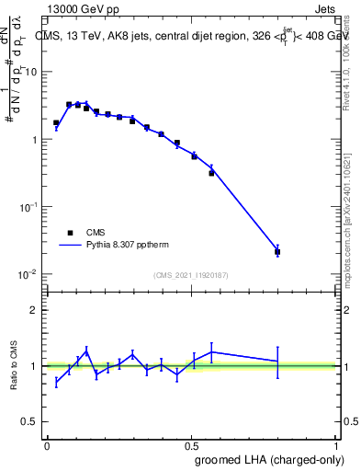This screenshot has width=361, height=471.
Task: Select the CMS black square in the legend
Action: click(x=70, y=233)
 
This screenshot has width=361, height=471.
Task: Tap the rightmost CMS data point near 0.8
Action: click(x=277, y=251)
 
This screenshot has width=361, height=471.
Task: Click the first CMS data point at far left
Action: click(x=56, y=122)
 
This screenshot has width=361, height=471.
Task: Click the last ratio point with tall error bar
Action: click(x=277, y=362)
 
